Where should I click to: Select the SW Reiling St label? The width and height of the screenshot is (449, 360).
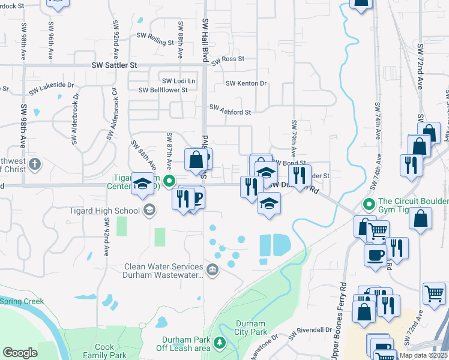pos(155,36)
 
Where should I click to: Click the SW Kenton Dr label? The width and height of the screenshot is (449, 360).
pos(246,83)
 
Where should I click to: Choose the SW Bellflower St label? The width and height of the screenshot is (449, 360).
pos(163,90)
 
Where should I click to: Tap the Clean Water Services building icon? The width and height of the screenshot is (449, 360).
pos(212,271)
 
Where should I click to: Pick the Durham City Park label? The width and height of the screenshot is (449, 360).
pos(250,328)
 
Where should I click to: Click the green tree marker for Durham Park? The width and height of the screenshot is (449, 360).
pos(220,343)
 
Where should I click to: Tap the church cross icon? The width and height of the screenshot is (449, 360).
pos(35,163)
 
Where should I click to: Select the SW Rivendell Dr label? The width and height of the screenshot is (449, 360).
pos(310,330)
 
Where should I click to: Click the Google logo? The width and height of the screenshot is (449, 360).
pos(20,353)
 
